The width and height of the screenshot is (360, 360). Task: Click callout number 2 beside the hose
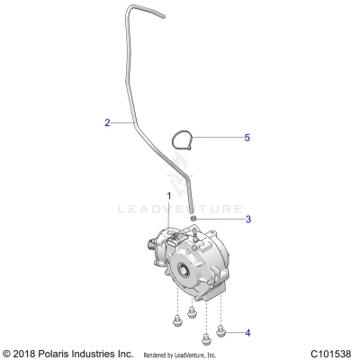pos(107,122)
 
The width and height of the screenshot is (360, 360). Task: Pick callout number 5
pos(221,138)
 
